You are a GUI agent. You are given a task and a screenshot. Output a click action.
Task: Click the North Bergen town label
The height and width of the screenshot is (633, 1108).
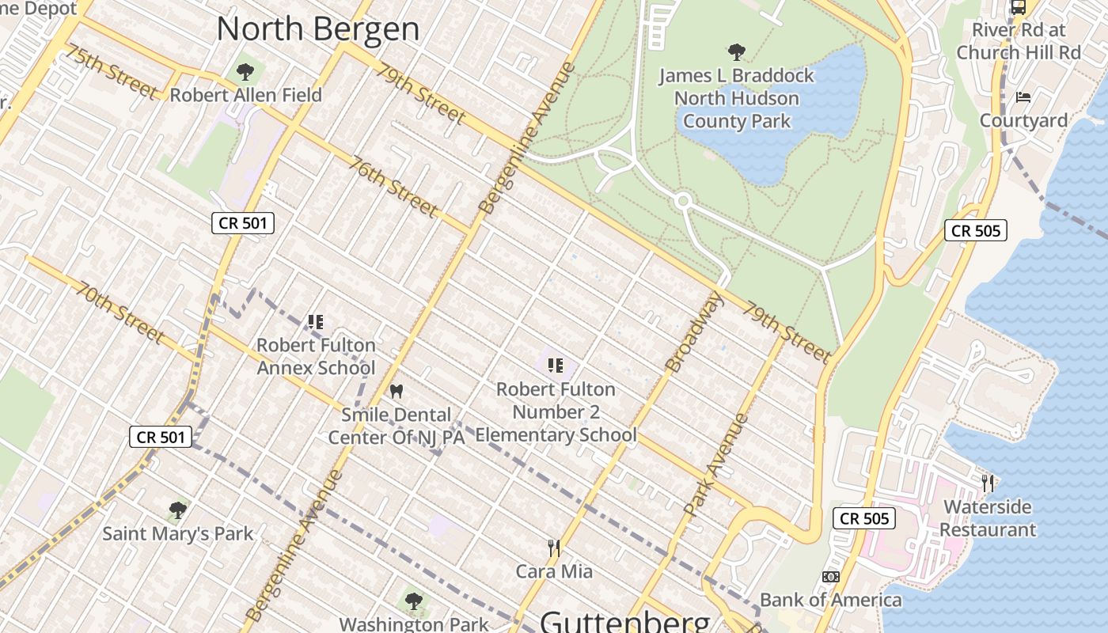317,29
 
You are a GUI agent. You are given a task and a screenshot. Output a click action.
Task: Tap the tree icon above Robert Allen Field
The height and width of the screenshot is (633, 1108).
245,72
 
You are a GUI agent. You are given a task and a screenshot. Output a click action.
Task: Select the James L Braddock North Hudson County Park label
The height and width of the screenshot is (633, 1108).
736,98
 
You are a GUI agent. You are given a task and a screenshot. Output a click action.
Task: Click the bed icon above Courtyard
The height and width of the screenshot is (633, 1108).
1023,98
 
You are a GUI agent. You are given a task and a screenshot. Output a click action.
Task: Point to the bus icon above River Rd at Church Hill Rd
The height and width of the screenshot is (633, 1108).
1018,8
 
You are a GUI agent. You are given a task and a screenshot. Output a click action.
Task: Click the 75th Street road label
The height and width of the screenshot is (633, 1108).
111,72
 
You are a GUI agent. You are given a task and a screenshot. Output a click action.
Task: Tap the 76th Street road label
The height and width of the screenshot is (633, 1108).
393,187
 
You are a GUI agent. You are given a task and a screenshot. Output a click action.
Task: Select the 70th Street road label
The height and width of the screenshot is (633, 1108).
120,313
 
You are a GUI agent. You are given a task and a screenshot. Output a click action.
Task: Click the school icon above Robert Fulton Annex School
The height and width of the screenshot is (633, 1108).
316,322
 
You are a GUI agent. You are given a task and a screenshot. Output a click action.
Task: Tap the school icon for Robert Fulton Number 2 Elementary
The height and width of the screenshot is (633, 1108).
555,366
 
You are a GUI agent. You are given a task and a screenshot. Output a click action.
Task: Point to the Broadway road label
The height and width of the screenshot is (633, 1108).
685,332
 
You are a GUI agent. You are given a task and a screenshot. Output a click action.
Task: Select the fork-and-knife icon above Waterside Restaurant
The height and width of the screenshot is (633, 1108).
988,483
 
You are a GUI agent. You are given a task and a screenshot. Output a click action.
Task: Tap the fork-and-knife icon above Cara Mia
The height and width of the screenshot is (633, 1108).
554,548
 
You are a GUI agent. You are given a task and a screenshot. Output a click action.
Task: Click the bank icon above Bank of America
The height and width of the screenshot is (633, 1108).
831,577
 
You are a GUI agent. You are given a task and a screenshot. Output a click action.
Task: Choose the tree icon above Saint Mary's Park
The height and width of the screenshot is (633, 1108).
178,510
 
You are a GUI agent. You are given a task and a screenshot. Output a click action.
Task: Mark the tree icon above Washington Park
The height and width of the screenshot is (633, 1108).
413,601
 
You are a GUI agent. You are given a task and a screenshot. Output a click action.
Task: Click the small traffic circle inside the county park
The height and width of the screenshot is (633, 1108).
683,201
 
